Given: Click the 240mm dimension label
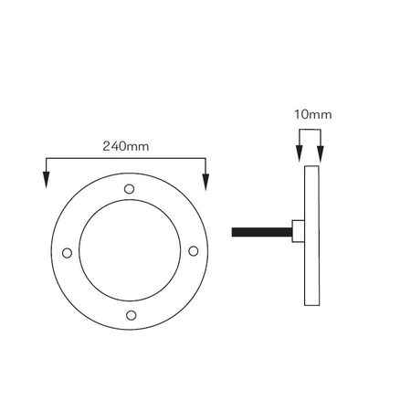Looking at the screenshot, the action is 126,146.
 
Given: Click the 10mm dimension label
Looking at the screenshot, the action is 312,115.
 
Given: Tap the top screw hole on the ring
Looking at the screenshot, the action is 130,189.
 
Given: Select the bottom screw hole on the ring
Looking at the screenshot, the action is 131,315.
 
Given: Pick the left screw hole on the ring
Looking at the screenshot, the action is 67,253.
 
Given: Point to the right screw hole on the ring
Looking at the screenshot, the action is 194,251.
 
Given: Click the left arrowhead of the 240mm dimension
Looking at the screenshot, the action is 46,180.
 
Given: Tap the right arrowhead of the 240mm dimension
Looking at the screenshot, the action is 205,182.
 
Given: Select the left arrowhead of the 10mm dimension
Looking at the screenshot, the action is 300,153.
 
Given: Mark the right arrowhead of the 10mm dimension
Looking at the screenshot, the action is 321,154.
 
